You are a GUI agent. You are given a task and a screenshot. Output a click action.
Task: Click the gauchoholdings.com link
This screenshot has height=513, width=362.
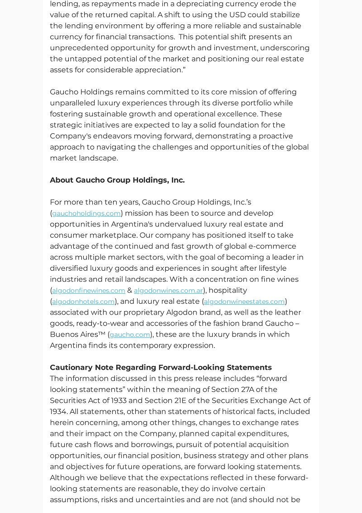[86, 213]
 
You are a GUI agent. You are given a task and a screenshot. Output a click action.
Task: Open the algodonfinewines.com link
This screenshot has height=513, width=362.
[89, 291]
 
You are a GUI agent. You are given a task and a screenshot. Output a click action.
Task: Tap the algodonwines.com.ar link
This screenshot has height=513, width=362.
[168, 291]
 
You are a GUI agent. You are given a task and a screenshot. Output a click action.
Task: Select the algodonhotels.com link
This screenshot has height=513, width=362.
[83, 301]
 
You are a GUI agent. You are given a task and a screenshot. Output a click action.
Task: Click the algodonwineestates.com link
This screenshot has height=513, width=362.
[244, 301]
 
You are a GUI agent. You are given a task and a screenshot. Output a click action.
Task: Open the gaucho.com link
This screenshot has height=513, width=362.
[130, 334]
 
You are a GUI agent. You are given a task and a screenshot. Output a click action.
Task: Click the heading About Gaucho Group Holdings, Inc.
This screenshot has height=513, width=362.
[117, 180]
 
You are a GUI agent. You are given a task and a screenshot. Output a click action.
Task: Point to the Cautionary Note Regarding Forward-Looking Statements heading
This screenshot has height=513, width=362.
[161, 367]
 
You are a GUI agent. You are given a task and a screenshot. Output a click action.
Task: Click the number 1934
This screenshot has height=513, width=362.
[58, 412]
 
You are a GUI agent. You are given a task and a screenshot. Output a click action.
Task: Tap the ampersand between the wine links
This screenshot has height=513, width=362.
[129, 291]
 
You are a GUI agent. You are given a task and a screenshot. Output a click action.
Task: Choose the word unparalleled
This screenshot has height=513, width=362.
[72, 103]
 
